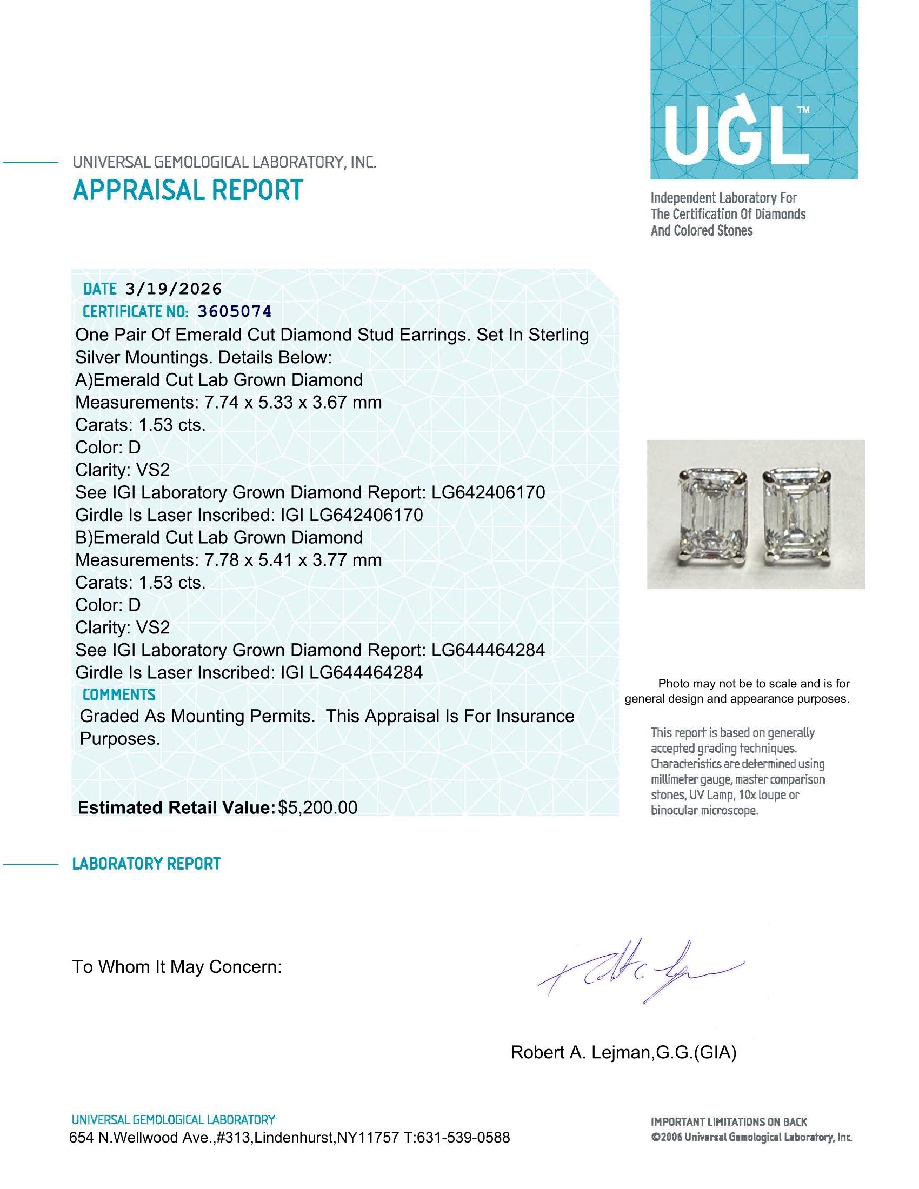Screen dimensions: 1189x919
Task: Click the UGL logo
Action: click(754, 89)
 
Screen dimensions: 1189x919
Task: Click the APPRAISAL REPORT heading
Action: click(187, 190)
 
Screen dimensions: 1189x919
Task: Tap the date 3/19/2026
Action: click(173, 289)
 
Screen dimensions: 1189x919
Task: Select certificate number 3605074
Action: click(234, 311)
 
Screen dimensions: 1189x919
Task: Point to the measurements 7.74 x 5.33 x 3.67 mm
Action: click(293, 402)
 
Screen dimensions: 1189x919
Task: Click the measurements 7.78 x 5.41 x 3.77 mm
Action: click(293, 560)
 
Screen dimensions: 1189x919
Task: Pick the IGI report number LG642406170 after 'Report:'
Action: click(488, 492)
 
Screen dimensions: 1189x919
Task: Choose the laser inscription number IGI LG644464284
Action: click(351, 672)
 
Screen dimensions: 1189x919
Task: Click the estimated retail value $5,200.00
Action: click(317, 807)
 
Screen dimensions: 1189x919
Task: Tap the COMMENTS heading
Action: click(119, 694)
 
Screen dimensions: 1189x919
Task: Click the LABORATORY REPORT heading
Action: click(146, 864)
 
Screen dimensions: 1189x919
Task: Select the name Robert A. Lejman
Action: click(580, 1052)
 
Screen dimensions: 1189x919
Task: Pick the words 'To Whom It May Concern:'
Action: click(177, 967)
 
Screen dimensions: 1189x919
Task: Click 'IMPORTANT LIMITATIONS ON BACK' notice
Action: click(729, 1121)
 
